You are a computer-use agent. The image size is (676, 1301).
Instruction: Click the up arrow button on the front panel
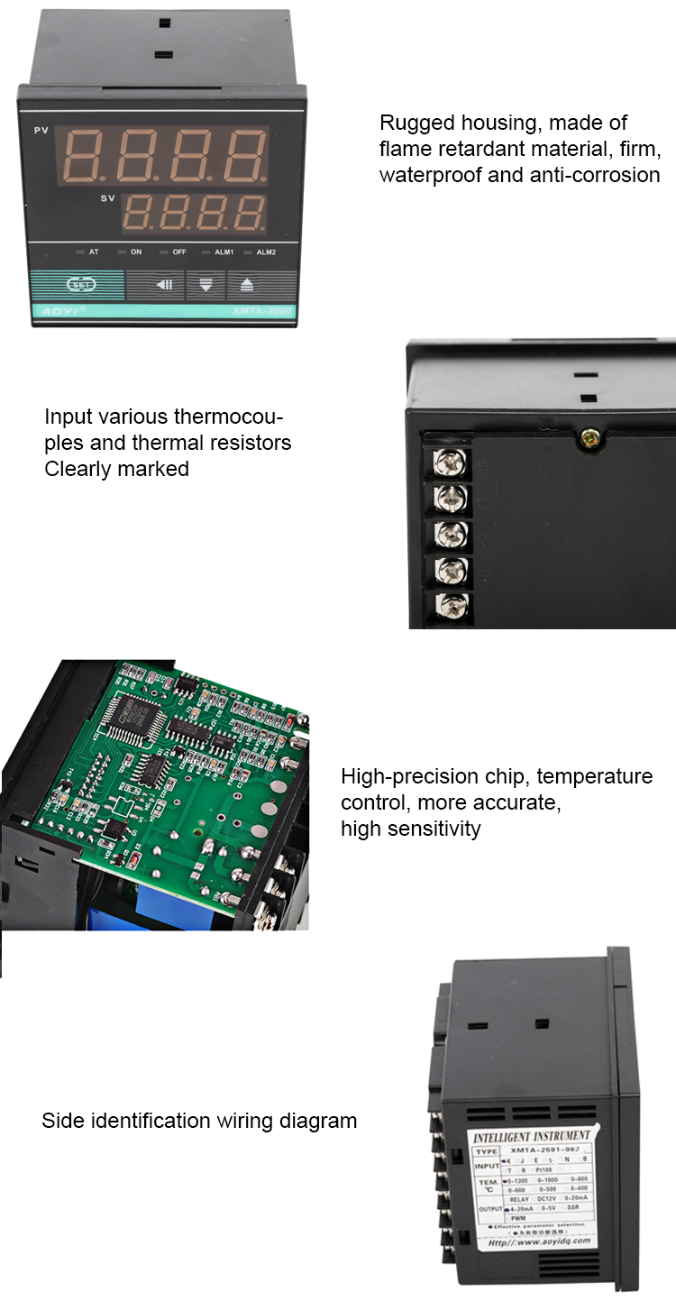tap(247, 286)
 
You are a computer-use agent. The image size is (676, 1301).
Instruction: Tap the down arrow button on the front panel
tap(206, 286)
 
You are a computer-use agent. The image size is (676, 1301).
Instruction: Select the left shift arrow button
tap(164, 286)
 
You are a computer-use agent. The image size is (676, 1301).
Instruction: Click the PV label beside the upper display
tap(41, 132)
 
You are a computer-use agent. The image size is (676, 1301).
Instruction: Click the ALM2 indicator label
tap(265, 252)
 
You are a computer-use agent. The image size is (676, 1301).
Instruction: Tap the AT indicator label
tap(93, 252)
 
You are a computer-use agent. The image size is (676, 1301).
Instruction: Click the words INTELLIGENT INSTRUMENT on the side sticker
tap(532, 1137)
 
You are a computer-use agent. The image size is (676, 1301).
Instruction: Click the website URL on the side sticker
tap(539, 1242)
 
